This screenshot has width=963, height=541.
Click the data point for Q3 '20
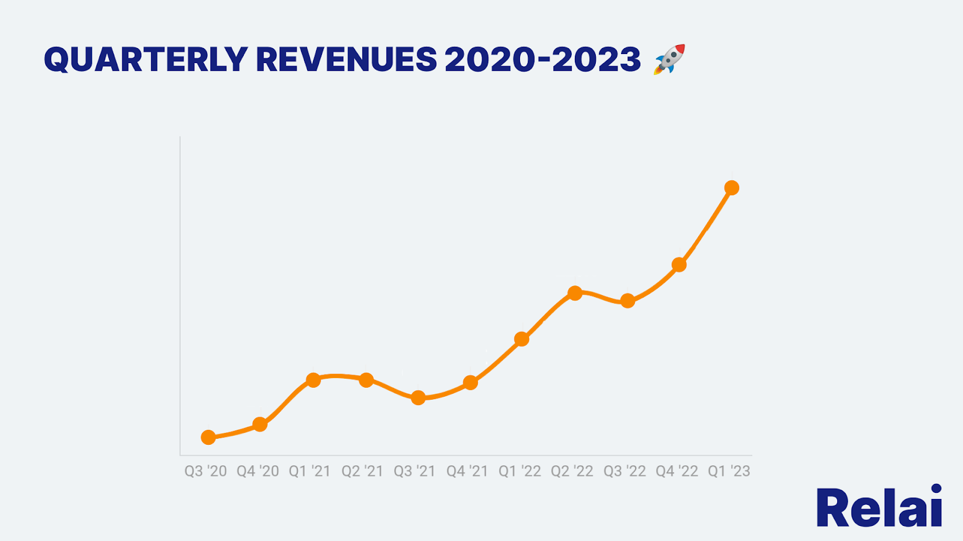208,437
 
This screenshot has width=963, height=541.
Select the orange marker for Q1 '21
313,380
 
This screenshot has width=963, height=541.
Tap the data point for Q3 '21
418,397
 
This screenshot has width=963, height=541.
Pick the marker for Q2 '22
575,293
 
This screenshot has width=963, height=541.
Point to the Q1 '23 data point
731,188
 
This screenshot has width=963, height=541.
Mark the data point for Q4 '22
679,264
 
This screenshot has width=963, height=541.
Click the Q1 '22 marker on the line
522,339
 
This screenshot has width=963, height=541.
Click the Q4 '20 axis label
258,471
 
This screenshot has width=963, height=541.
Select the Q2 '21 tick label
362,471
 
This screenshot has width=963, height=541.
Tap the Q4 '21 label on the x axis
467,471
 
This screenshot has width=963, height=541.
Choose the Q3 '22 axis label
625,471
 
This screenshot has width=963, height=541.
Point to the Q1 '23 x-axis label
729,471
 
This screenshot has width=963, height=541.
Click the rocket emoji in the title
669,59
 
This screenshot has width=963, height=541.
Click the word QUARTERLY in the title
146,60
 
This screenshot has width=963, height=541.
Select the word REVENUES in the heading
346,60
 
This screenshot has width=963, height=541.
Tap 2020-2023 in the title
542,60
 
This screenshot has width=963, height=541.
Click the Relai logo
879,507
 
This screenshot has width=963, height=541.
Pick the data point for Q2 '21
366,380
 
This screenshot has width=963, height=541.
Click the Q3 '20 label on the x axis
205,471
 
